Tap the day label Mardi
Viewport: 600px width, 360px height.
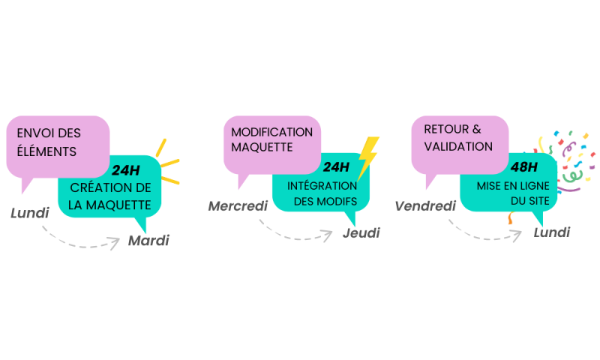pos(148,241)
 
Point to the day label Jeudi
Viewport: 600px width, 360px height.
pos(361,233)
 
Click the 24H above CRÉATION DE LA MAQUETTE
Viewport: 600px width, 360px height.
pos(126,169)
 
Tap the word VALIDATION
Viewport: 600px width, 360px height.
pos(458,146)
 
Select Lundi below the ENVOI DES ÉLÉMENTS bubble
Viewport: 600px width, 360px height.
pos(30,213)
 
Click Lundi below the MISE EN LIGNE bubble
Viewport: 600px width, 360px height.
pos(551,232)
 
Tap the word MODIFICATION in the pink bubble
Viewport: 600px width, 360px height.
pos(271,132)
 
